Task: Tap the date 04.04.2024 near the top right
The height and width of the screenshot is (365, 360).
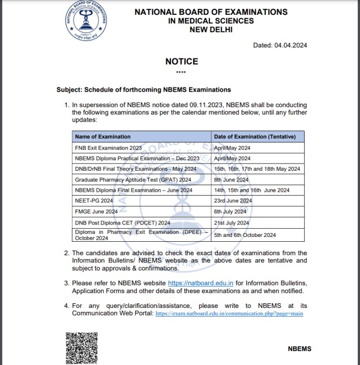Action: coord(280,46)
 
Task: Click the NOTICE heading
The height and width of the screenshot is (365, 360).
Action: coord(181,61)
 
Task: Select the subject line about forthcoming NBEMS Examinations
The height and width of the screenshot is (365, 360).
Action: coord(144,90)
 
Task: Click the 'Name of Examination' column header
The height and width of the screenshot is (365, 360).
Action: coord(103,137)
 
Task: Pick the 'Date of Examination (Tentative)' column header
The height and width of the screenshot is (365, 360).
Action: coord(258,137)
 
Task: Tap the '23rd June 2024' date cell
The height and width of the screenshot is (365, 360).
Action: coord(233,200)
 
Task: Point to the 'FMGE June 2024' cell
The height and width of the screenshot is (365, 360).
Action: coord(96,212)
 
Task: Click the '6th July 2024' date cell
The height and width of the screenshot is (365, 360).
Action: coord(230,212)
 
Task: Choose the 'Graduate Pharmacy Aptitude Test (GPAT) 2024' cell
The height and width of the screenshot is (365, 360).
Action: coord(133,180)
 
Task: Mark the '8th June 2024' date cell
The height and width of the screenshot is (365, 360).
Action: coord(231,180)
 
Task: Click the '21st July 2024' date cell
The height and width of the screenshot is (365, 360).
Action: coord(231,223)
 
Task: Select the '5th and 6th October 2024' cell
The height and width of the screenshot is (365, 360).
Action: coord(245,235)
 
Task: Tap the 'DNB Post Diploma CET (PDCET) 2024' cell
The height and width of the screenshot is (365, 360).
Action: coord(122,223)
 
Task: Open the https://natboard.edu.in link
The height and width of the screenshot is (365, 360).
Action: coord(201,283)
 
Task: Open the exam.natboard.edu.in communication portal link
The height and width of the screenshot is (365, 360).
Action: coord(229,314)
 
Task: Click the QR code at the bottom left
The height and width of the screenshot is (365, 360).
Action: coord(82,348)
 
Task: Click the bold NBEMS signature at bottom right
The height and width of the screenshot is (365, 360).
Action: coord(300,349)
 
